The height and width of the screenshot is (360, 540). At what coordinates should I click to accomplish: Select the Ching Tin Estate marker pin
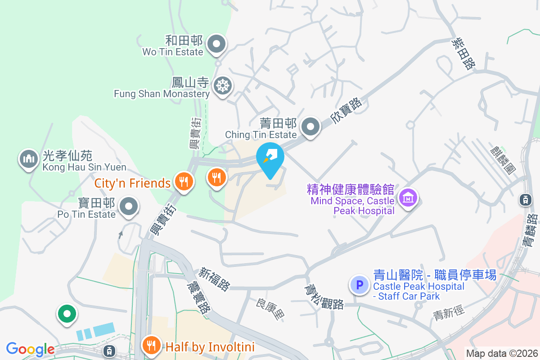(310, 126)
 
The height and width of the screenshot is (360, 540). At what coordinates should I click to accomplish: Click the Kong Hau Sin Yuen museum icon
(28, 158)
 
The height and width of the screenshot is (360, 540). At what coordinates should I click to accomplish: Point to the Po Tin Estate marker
(129, 207)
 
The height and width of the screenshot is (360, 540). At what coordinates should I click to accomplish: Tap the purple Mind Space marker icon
(408, 197)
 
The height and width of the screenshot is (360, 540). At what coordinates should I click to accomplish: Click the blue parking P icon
(359, 284)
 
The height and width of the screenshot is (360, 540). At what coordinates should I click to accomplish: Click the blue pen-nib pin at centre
(270, 156)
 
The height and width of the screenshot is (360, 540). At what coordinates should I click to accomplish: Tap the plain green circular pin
(67, 314)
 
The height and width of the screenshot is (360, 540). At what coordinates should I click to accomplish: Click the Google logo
(30, 349)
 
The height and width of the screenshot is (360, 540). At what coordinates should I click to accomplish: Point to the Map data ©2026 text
(502, 353)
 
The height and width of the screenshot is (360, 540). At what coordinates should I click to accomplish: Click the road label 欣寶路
(346, 111)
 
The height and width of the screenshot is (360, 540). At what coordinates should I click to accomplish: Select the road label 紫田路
(463, 54)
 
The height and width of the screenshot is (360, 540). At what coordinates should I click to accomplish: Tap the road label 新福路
(215, 279)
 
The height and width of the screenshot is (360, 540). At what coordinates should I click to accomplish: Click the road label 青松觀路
(324, 297)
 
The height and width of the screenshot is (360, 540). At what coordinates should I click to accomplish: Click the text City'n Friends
(133, 183)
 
